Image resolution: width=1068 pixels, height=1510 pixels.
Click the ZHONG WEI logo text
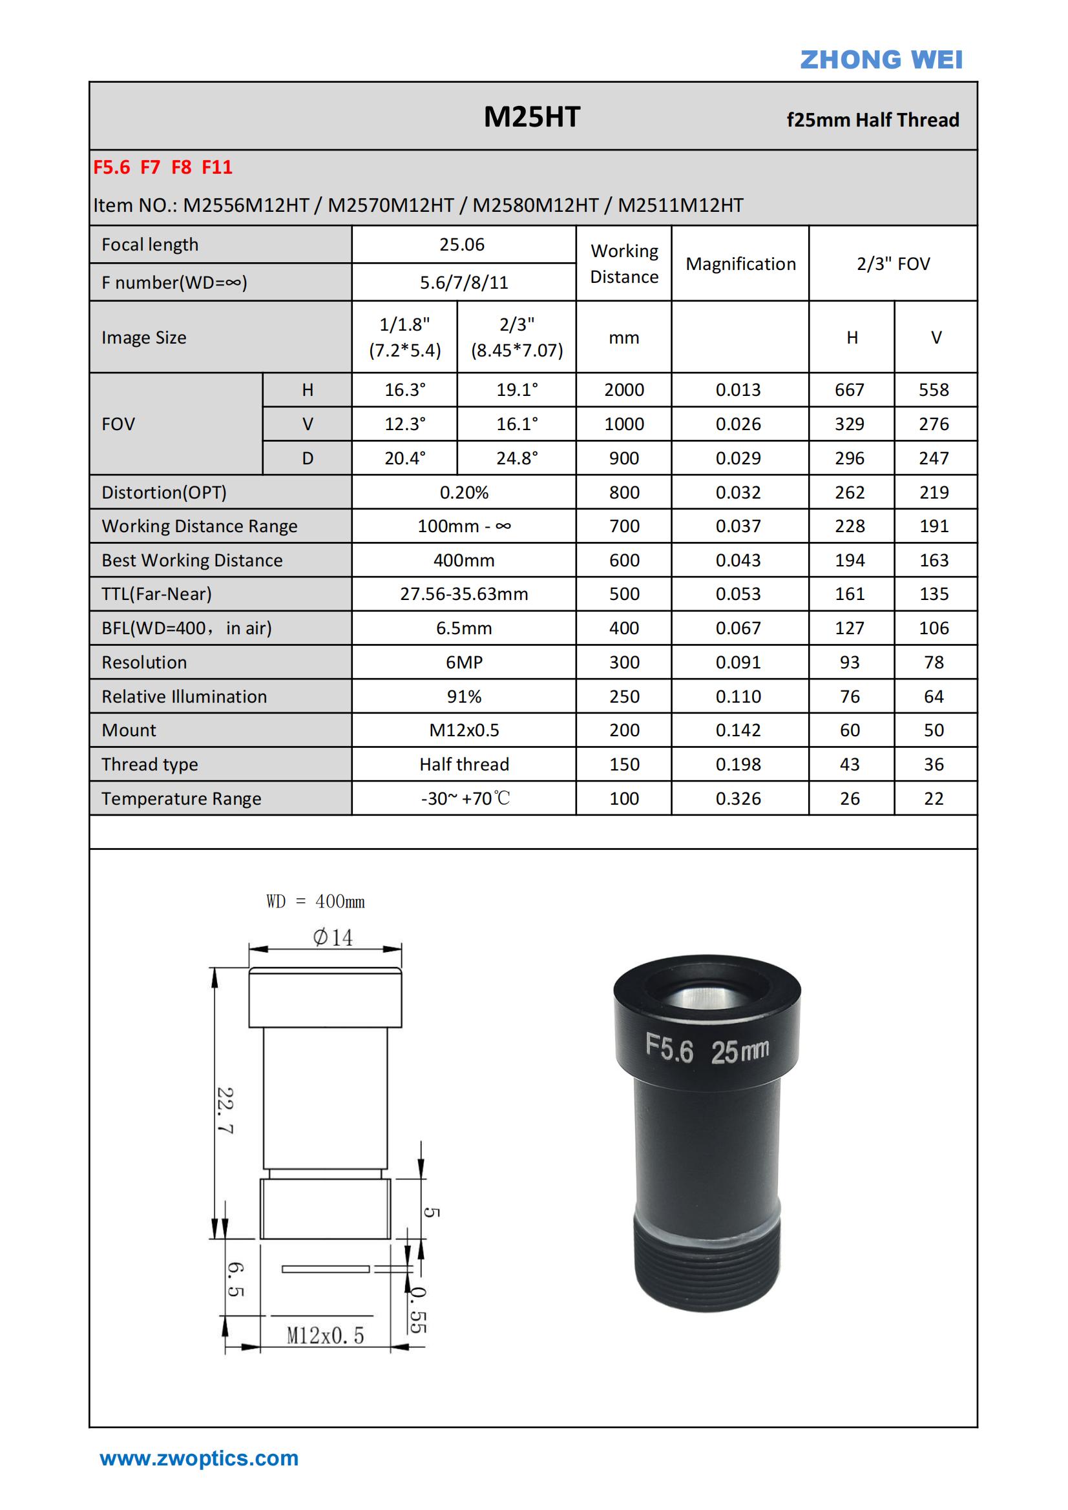click(881, 60)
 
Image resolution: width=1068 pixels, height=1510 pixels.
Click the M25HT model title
click(532, 117)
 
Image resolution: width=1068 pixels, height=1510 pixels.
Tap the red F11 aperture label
click(216, 168)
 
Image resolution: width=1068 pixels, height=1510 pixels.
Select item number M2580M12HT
click(535, 205)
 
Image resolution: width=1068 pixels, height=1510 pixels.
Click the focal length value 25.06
click(462, 245)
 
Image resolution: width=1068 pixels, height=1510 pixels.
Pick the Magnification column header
click(740, 264)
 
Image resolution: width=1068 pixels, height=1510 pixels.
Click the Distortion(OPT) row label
click(164, 493)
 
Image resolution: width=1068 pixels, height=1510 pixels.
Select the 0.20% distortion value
click(464, 493)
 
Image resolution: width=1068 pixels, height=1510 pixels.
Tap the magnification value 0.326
click(738, 798)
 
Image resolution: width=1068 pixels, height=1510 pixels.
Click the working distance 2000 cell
click(624, 390)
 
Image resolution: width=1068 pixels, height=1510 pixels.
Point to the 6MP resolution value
click(464, 662)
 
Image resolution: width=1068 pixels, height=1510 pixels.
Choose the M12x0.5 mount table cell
click(464, 730)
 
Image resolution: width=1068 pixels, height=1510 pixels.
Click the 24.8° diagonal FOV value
click(517, 459)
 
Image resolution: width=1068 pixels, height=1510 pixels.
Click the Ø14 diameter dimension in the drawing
click(332, 938)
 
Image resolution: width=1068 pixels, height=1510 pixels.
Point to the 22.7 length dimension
click(225, 1110)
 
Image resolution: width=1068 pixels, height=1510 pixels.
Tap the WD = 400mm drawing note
click(315, 902)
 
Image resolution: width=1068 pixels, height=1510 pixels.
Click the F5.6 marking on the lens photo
click(669, 1047)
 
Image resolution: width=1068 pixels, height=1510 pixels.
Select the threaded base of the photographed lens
click(707, 1267)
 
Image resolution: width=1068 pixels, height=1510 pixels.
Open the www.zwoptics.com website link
click(199, 1458)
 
